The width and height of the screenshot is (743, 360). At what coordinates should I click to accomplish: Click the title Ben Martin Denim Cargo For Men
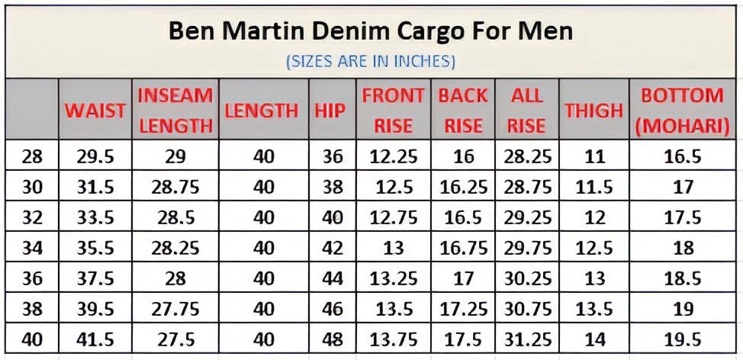point(371,31)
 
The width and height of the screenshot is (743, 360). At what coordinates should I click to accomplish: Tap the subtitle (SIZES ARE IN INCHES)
point(371,60)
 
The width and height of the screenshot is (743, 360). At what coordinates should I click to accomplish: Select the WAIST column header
point(95,110)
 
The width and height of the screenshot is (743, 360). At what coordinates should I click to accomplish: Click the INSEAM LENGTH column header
point(175,110)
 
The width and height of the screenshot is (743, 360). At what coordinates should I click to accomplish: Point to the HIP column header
point(330,110)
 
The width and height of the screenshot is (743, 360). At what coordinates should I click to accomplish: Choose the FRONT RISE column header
point(393,110)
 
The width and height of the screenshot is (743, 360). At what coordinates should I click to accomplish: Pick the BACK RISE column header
point(463,110)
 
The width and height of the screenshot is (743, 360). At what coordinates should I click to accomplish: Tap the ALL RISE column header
point(526,110)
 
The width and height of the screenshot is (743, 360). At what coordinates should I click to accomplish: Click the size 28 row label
point(33,157)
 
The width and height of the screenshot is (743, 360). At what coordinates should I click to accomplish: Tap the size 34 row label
point(33,248)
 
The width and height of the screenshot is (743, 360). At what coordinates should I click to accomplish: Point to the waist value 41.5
point(95,339)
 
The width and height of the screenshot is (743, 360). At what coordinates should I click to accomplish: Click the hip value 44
point(333,278)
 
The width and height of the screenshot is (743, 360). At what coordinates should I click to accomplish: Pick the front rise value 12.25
point(394,157)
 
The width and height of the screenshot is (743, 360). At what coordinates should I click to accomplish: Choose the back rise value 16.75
point(464,248)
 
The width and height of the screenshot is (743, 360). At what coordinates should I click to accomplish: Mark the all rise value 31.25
point(527,339)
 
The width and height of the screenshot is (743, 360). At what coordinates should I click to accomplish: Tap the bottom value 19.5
point(683,339)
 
